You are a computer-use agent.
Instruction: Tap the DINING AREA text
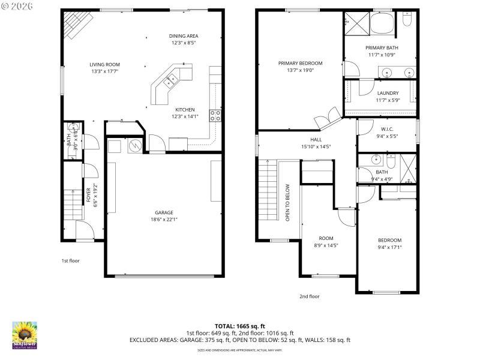[184, 36]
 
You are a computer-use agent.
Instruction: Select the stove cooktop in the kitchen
[215, 115]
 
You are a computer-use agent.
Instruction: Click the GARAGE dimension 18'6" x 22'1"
[164, 220]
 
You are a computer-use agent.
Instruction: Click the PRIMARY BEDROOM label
[300, 63]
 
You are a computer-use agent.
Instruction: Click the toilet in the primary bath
[407, 21]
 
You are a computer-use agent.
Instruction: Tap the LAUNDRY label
[388, 93]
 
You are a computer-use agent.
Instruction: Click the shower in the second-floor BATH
[407, 169]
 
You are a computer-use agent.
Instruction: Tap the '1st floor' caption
[70, 261]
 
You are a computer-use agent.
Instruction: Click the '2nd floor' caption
[310, 296]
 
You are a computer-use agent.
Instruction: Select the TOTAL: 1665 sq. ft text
[240, 326]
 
